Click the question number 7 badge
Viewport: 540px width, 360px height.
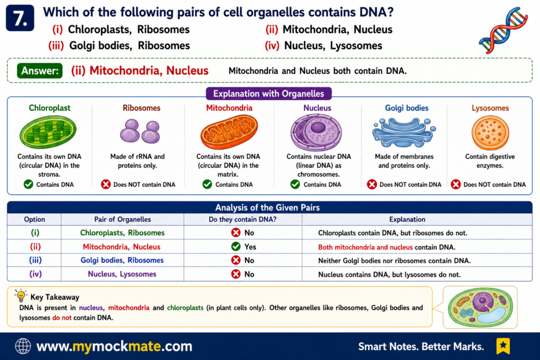pos(20,18)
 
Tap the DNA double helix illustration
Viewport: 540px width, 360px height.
pos(503,30)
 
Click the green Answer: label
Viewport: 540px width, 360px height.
pos(40,71)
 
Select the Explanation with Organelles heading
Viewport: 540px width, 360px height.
pos(268,94)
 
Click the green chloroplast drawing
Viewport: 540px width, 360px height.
pos(48,132)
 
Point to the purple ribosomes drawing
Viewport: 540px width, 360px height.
pos(140,131)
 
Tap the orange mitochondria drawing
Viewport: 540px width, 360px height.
pos(229,132)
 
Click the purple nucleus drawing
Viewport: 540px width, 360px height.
pos(316,132)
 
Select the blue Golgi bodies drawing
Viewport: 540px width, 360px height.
pos(404,132)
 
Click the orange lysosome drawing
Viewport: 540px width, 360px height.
pos(490,132)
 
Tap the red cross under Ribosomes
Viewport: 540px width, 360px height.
pos(105,184)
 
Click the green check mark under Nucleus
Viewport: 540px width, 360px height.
pos(295,184)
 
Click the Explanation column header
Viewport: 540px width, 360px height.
pos(407,219)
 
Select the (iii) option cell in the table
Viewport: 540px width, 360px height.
pos(35,260)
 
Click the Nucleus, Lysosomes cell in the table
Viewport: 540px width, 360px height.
pos(122,274)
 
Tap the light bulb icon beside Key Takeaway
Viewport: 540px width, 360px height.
pos(21,296)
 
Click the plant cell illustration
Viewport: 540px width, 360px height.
pos(480,307)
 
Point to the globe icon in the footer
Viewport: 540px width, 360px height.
pos(23,346)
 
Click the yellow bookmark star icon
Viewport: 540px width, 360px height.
pos(503,346)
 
